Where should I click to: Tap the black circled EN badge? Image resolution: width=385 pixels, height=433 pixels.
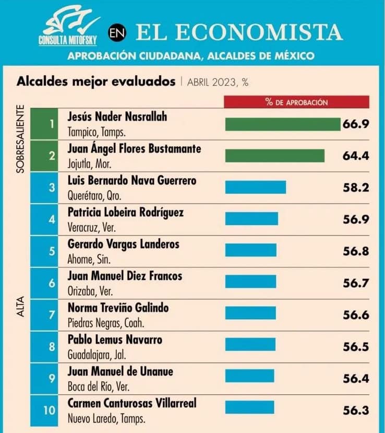point(117,33)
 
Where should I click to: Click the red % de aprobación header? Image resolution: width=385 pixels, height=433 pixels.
point(296,102)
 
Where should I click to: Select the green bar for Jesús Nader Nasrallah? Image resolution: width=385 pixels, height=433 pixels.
point(282,124)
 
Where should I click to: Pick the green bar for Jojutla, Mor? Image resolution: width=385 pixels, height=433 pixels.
point(274,156)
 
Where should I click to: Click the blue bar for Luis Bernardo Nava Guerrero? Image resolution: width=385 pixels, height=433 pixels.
point(255,187)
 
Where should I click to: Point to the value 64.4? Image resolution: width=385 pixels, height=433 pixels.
point(356,156)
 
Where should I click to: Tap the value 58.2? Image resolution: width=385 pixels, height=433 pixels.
point(356,187)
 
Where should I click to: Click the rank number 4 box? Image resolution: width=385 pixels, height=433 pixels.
point(52,219)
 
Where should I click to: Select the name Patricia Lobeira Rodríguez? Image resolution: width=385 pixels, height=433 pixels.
point(126,213)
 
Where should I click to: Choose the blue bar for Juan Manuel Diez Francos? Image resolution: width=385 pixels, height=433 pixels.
point(250,282)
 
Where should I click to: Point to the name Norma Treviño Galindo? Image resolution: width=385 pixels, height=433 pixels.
point(118,308)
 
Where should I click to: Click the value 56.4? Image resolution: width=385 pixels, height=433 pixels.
point(356,378)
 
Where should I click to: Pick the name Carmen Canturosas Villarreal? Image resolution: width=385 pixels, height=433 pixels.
point(133,403)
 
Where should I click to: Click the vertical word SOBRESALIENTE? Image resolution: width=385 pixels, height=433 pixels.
point(21,138)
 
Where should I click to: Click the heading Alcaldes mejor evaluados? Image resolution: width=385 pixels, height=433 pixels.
point(96,81)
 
